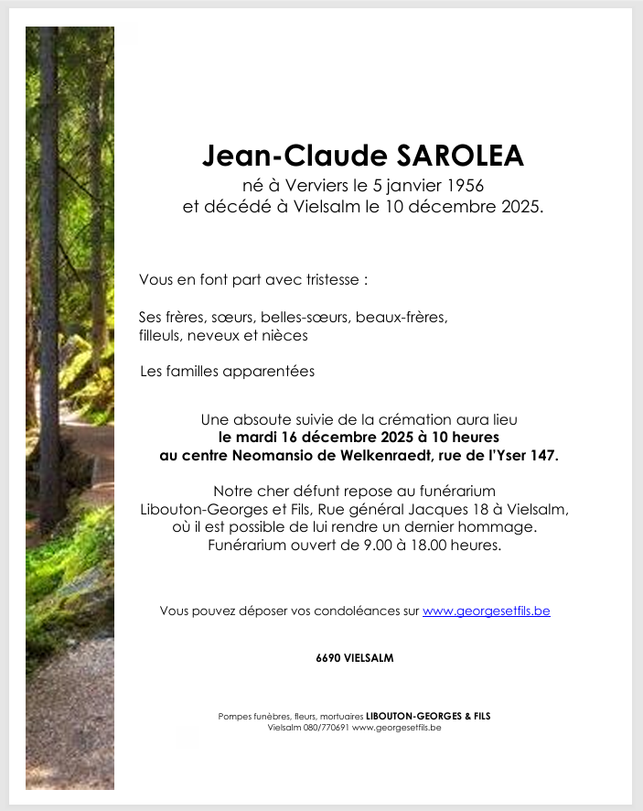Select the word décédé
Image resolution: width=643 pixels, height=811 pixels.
tap(238, 207)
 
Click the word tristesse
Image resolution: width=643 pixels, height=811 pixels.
tap(330, 279)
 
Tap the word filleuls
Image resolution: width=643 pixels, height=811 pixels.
tap(161, 336)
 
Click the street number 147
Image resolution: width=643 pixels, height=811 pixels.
tap(544, 455)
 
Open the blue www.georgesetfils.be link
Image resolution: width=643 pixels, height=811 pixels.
tap(486, 611)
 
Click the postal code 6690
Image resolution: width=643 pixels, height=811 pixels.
tap(329, 658)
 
